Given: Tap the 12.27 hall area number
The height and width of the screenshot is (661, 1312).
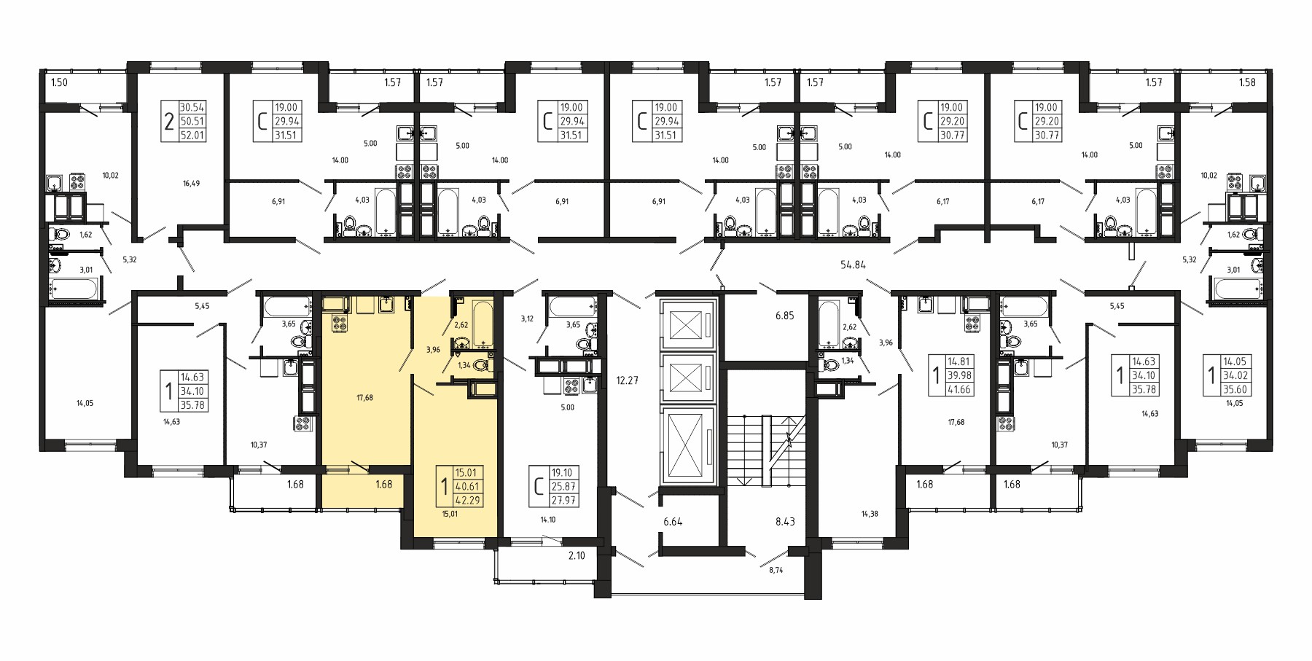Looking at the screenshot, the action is [x=628, y=380].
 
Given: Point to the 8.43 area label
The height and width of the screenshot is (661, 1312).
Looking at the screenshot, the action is [x=784, y=521].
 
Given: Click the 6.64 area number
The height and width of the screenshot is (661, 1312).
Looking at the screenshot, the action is [x=674, y=521].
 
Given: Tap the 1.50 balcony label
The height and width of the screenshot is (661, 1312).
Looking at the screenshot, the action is [x=59, y=82].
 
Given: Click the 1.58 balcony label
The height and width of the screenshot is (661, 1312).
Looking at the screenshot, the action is [x=1247, y=82].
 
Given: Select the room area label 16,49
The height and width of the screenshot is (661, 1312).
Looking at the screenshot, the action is [x=191, y=184].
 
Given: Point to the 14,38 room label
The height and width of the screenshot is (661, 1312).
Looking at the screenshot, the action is [x=869, y=514].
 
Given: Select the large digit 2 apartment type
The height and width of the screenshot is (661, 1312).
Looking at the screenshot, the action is [x=169, y=121].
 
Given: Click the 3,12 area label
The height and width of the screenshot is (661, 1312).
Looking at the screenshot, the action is [x=527, y=318].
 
